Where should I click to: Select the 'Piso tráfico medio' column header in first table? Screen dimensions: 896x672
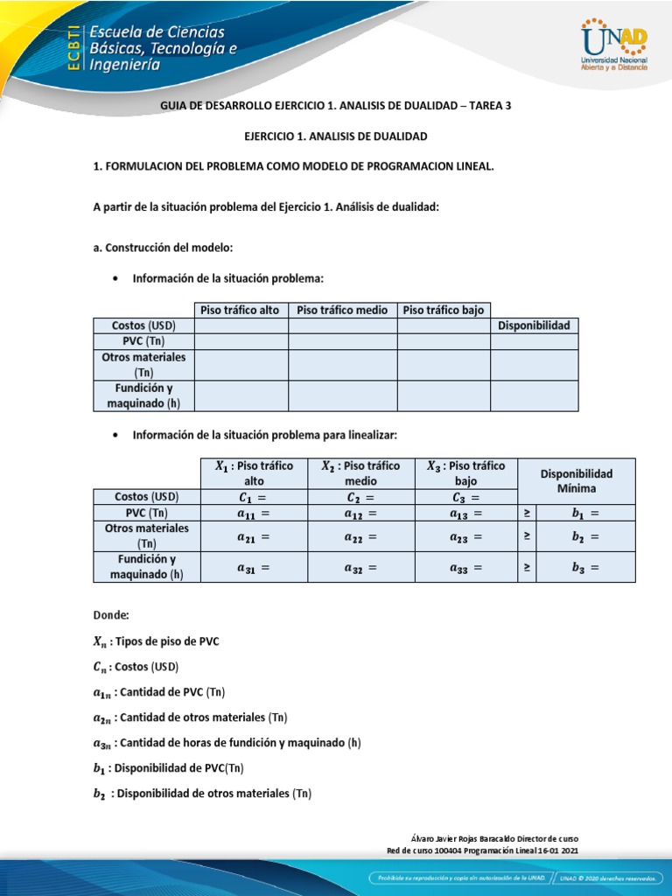click(x=342, y=310)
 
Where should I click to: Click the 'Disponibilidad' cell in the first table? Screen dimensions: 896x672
click(x=534, y=325)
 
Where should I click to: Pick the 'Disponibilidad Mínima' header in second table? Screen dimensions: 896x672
click(x=576, y=480)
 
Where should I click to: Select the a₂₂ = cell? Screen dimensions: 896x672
click(x=360, y=536)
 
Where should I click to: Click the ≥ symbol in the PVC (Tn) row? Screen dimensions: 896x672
click(x=527, y=513)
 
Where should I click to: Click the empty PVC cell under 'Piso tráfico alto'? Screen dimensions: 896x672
click(x=241, y=341)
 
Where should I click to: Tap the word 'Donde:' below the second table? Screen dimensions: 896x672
click(x=111, y=615)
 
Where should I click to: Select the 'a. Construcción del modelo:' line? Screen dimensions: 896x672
click(x=163, y=248)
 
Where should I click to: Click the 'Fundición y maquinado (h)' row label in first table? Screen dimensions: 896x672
click(x=143, y=395)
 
